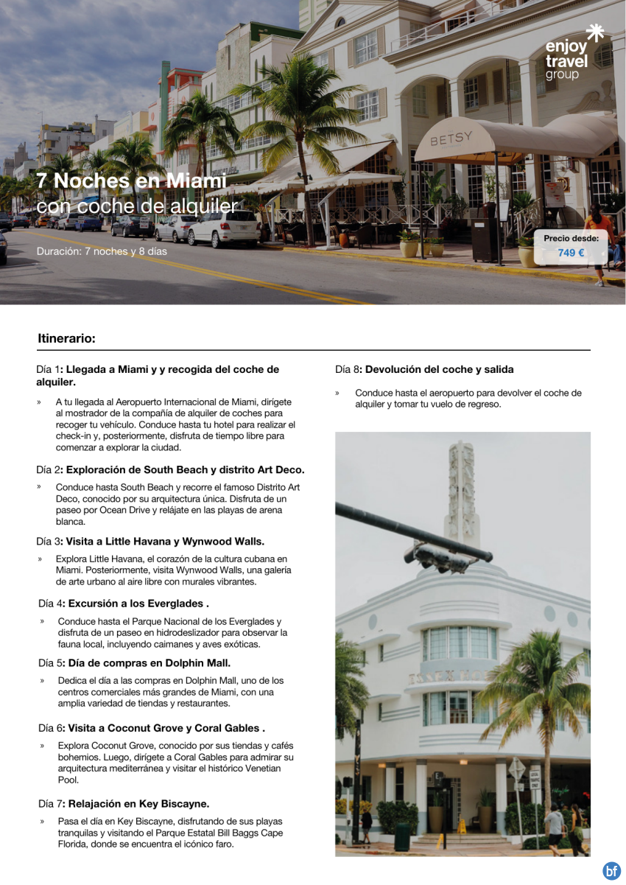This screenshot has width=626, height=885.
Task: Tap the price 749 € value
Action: pyautogui.click(x=571, y=253)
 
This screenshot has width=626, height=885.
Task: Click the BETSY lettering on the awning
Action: pyautogui.click(x=451, y=139)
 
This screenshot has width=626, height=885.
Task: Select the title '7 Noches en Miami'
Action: pyautogui.click(x=131, y=181)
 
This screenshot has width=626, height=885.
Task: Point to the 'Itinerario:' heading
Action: pyautogui.click(x=66, y=339)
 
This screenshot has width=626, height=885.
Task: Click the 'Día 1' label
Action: pyautogui.click(x=48, y=369)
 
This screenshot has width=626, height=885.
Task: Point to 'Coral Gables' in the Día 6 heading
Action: pyautogui.click(x=228, y=728)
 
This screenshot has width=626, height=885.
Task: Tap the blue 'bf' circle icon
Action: pyautogui.click(x=611, y=870)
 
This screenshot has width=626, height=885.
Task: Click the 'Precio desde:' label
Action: pyautogui.click(x=571, y=238)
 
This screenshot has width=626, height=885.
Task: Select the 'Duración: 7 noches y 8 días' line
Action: pyautogui.click(x=102, y=251)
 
